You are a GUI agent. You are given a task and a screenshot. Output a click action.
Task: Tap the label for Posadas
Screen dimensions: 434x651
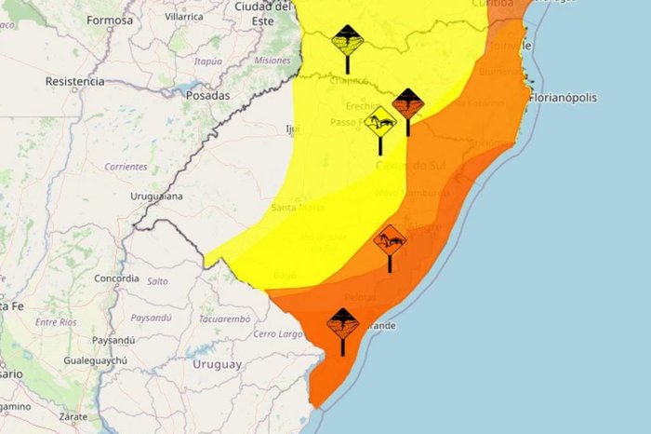[x=208, y=94]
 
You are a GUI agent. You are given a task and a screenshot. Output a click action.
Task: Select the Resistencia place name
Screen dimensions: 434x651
[x=74, y=81]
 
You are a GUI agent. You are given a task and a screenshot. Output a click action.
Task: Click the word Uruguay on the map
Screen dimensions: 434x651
[x=217, y=364]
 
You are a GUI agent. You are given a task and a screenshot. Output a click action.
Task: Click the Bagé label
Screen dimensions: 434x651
[x=286, y=276]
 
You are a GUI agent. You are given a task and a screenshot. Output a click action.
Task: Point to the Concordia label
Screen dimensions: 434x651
[x=117, y=278]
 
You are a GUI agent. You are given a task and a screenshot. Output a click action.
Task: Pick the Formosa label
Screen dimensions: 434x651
[x=110, y=20]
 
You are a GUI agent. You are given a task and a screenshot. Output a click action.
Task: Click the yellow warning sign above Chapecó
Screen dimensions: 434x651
[x=347, y=44]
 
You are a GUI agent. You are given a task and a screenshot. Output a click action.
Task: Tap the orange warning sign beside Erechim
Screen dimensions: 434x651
[x=407, y=105]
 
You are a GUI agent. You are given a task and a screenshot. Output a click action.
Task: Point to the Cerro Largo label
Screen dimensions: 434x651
[x=279, y=333]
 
